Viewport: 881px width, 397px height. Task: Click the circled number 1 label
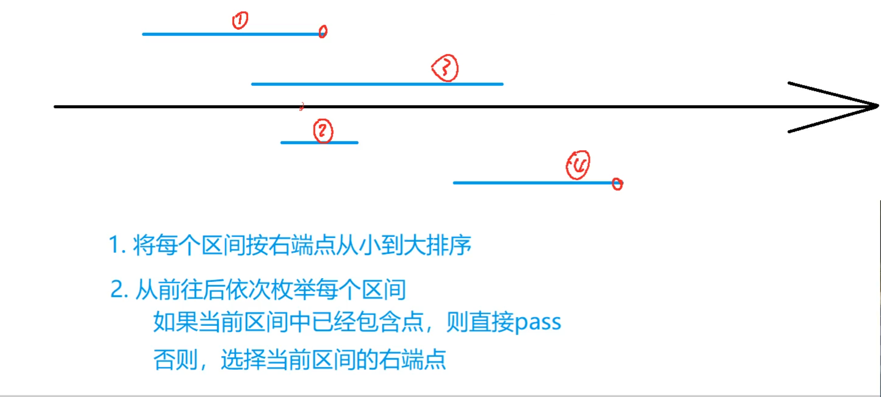pyautogui.click(x=240, y=21)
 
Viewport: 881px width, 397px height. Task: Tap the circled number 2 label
pyautogui.click(x=323, y=131)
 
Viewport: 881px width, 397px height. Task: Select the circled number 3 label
pyautogui.click(x=445, y=68)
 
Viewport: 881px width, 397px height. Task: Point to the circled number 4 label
pyautogui.click(x=578, y=165)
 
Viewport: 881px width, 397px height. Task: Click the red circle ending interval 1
pyautogui.click(x=323, y=32)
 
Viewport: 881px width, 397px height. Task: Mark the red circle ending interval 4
pyautogui.click(x=617, y=184)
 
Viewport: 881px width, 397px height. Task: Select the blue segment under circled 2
pyautogui.click(x=319, y=143)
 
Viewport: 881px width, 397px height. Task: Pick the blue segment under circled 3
pyautogui.click(x=377, y=84)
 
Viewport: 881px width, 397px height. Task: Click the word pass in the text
pyautogui.click(x=538, y=322)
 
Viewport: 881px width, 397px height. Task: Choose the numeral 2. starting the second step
pyautogui.click(x=119, y=290)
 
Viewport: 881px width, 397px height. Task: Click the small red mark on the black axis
pyautogui.click(x=302, y=107)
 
